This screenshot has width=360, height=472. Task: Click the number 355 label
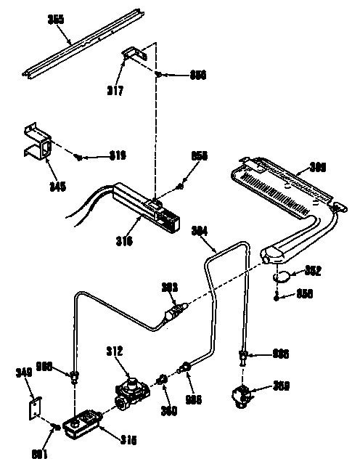pyautogui.click(x=57, y=20)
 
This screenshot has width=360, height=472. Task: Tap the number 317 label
pyautogui.click(x=115, y=91)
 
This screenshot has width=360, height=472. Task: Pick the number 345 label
pyautogui.click(x=37, y=187)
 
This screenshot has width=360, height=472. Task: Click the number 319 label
pyautogui.click(x=118, y=155)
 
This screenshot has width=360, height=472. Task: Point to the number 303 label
pyautogui.click(x=168, y=287)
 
